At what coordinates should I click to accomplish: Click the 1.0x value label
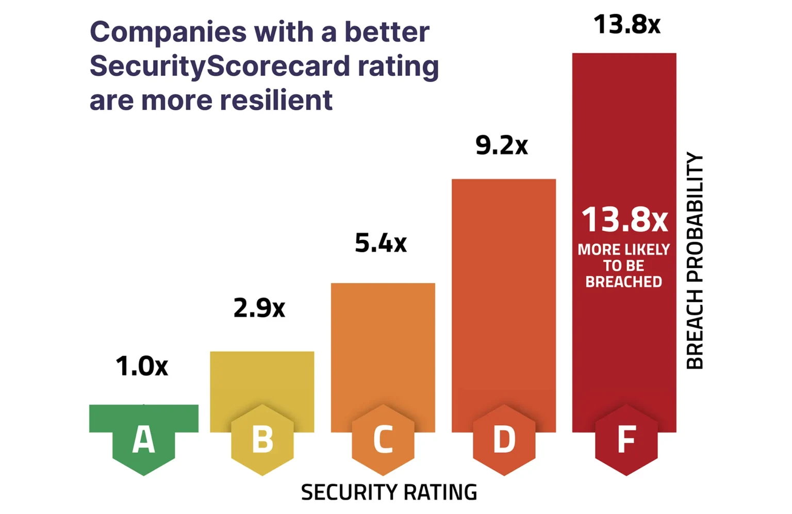142,366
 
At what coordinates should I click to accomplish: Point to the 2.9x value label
259,308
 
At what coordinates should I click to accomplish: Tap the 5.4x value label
381,243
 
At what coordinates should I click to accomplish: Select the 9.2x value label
502,145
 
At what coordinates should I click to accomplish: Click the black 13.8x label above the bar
627,24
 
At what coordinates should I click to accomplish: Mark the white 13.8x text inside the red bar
624,220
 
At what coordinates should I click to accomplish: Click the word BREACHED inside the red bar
624,282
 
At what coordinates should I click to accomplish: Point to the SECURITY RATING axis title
389,492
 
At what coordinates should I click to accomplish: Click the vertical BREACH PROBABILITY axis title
695,261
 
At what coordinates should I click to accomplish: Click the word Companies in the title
168,32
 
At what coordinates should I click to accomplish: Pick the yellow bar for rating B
262,382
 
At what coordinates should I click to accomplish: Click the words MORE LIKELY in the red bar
624,250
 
